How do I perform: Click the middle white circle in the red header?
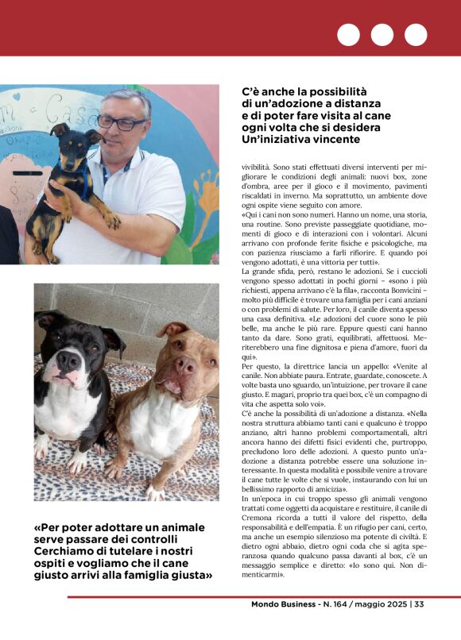[382, 35]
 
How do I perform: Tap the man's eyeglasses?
[122, 121]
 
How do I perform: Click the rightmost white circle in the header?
[416, 35]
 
